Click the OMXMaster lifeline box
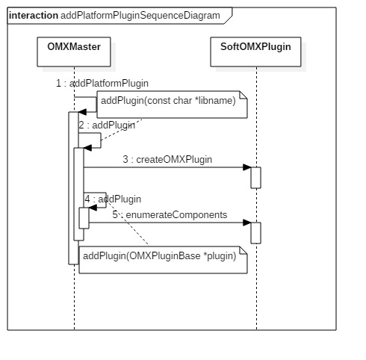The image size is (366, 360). coord(74,50)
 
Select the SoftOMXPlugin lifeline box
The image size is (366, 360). coord(255,50)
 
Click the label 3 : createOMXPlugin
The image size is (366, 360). coord(168,159)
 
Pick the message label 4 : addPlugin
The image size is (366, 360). coord(113,199)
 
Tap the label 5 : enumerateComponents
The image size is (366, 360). coord(170,214)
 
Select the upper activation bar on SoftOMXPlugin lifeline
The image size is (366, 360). coord(255,177)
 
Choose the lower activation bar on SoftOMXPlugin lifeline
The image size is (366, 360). coord(255,232)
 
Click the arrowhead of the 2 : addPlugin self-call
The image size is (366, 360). coord(87,148)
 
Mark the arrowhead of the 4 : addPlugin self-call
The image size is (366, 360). coord(93,209)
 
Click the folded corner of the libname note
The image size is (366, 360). coord(242,99)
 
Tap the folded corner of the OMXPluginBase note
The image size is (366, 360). coord(242,249)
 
